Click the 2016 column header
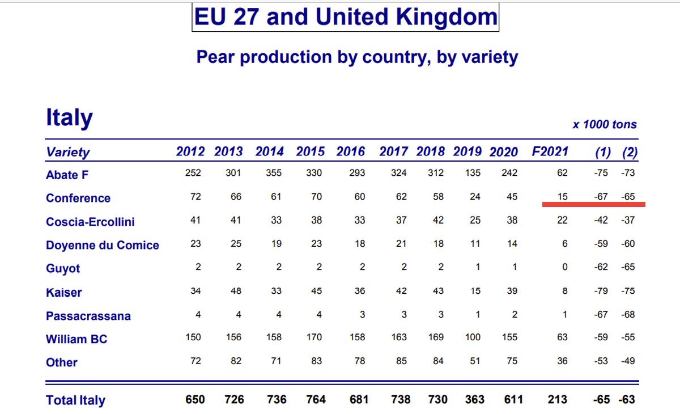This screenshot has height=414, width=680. pyautogui.click(x=351, y=152)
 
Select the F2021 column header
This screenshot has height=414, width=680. pyautogui.click(x=549, y=152)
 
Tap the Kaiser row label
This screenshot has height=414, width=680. pyautogui.click(x=63, y=293)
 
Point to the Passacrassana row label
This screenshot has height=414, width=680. pyautogui.click(x=88, y=316)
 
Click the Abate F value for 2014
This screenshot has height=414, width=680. pyautogui.click(x=274, y=174)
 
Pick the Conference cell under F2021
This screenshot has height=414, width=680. pyautogui.click(x=562, y=197)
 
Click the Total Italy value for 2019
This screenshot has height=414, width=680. pyautogui.click(x=474, y=400)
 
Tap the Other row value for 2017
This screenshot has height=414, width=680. pyautogui.click(x=401, y=361)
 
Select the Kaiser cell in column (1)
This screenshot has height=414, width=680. pyautogui.click(x=601, y=291)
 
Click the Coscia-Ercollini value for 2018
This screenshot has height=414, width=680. pyautogui.click(x=438, y=221)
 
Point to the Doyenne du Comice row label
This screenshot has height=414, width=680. pyautogui.click(x=102, y=246)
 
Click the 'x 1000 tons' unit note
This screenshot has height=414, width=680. pyautogui.click(x=604, y=125)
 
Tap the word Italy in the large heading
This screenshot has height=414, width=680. pyautogui.click(x=69, y=118)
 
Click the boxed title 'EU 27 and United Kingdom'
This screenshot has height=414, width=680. pyautogui.click(x=345, y=17)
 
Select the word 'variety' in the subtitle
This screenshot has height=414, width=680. pyautogui.click(x=484, y=57)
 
